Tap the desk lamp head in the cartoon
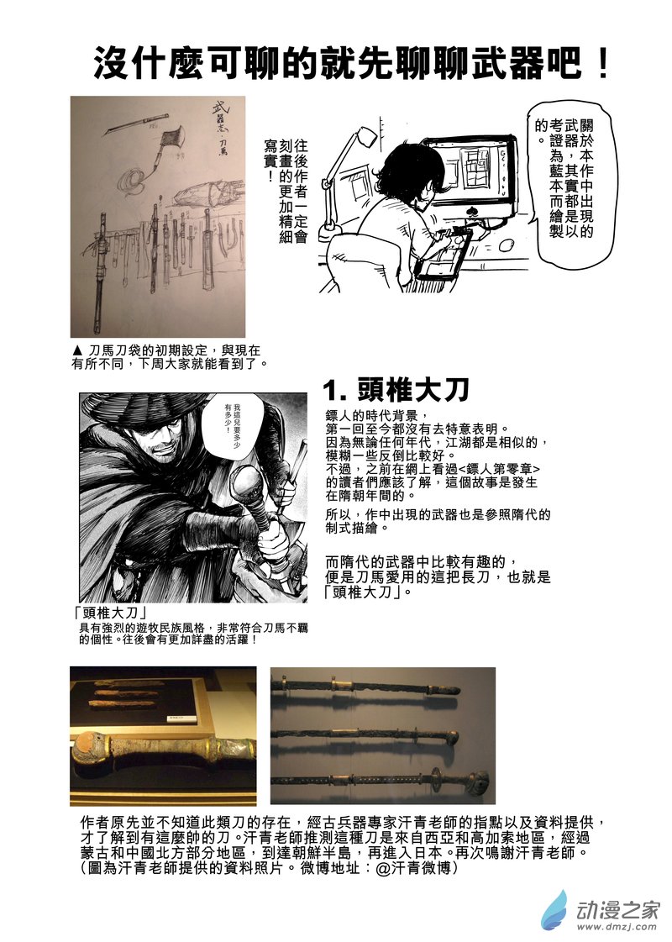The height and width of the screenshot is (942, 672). click(367, 135)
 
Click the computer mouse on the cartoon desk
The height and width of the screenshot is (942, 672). click(507, 246)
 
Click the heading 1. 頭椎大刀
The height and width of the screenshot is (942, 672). click(396, 389)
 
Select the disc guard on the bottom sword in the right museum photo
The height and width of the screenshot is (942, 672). click(436, 776)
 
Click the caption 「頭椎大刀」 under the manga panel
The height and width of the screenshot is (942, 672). click(115, 613)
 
